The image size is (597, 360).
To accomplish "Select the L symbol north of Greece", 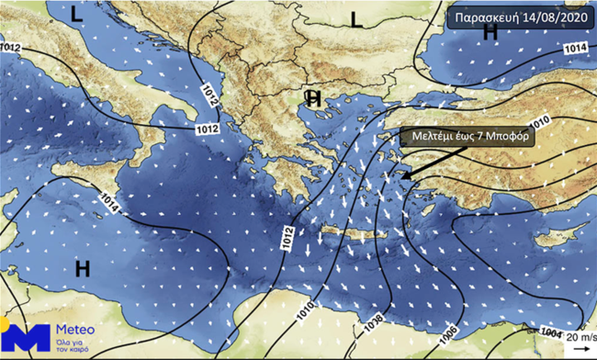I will pyautogui.click(x=359, y=17).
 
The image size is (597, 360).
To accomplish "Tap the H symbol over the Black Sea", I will pyautogui.click(x=490, y=32).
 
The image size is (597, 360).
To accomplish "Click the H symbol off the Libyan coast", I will pyautogui.click(x=82, y=268).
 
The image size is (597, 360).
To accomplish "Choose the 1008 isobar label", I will pyautogui.click(x=375, y=322).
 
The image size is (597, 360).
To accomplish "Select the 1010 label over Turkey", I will pyautogui.click(x=541, y=119).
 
